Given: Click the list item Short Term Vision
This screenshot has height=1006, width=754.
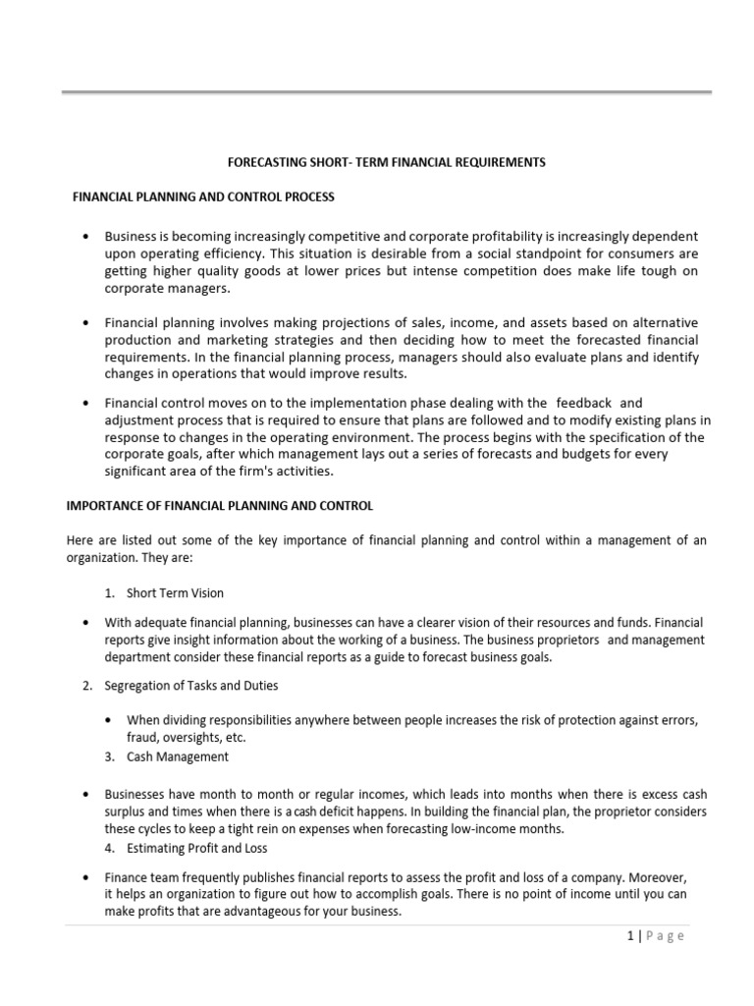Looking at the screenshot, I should [x=175, y=592].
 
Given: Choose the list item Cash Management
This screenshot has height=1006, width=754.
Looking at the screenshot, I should [x=177, y=756].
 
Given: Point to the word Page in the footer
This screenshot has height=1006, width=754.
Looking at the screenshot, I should [x=666, y=936].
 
